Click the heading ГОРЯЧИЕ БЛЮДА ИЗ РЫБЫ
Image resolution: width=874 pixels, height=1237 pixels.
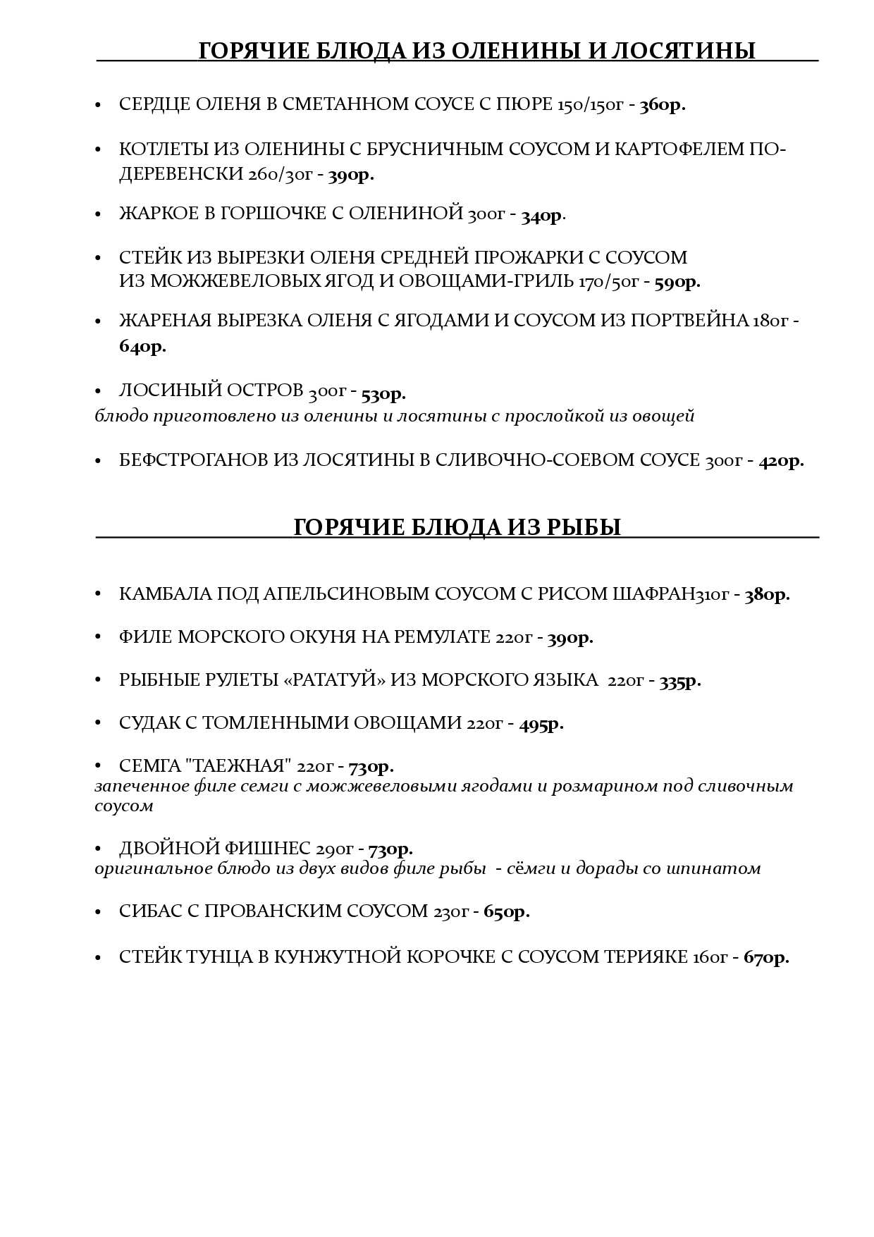tap(457, 527)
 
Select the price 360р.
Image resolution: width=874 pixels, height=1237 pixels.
tap(662, 106)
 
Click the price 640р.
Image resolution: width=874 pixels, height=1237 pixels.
tap(142, 347)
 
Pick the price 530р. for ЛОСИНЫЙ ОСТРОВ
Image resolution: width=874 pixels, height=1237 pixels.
tap(383, 393)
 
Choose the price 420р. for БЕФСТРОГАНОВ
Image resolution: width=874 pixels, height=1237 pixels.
tap(781, 462)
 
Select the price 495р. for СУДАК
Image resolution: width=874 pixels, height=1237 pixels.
tap(541, 724)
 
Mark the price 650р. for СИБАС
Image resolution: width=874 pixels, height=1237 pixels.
tap(506, 912)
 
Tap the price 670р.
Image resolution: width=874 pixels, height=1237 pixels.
tap(765, 958)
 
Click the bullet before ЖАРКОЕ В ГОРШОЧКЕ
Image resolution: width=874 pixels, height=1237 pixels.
tap(99, 214)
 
